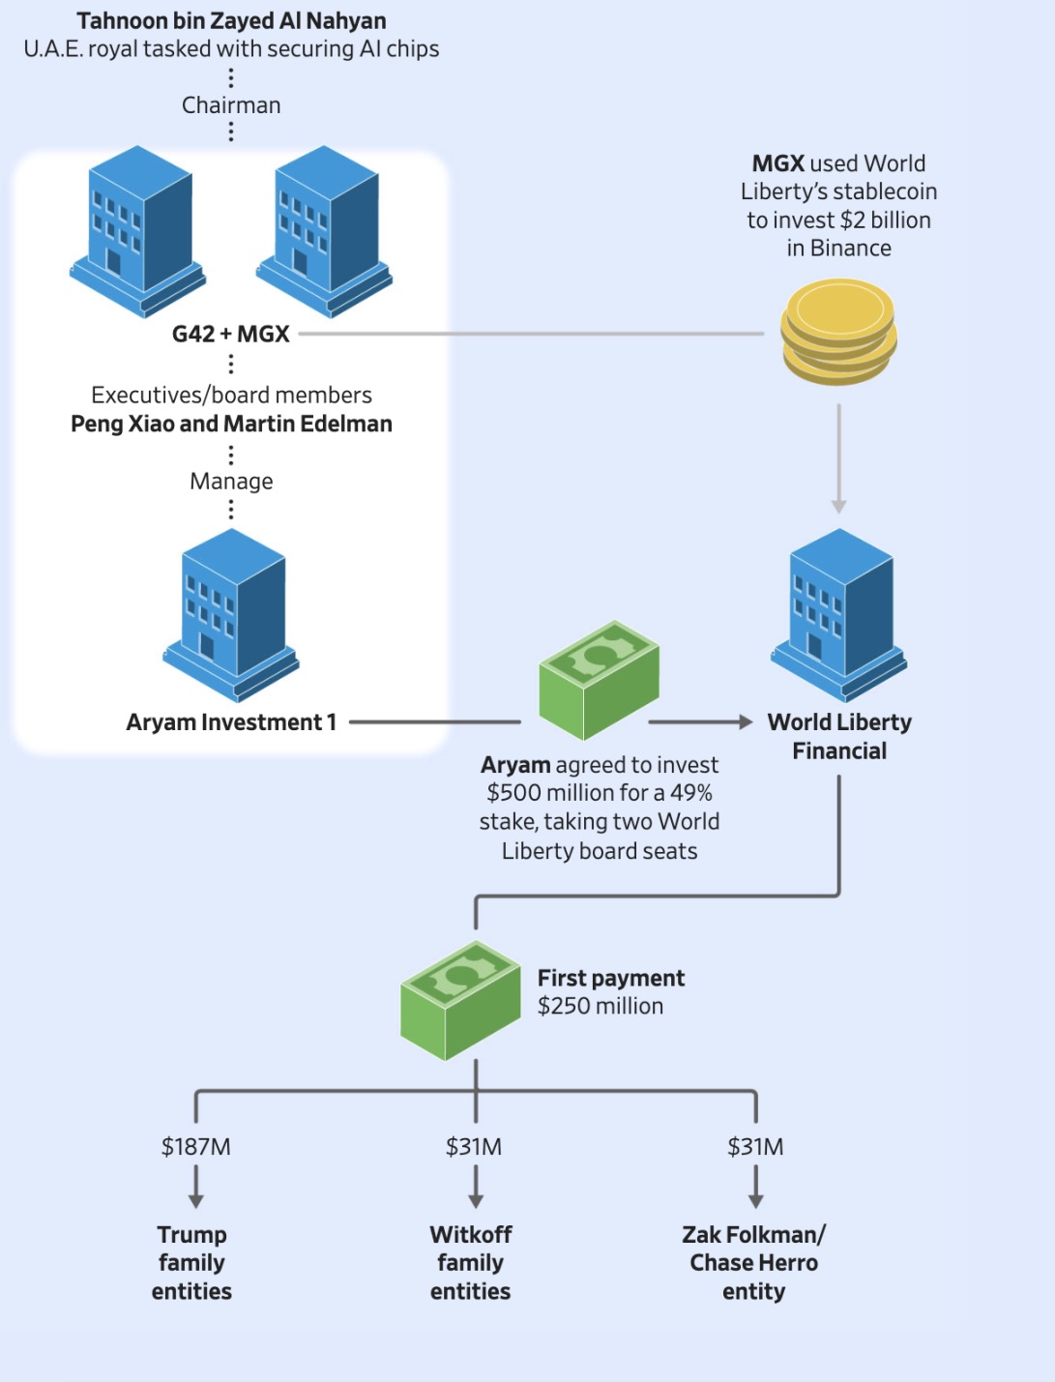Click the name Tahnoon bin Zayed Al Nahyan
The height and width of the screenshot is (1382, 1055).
[231, 20]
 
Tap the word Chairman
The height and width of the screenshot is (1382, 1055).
[231, 105]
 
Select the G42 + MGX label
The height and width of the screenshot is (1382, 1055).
[231, 334]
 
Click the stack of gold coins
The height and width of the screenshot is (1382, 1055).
[838, 332]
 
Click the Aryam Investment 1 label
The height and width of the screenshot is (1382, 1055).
[231, 722]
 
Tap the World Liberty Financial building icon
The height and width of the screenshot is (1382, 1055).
[839, 615]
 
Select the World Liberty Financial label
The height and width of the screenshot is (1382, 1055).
[839, 736]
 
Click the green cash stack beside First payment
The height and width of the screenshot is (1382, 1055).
[460, 1000]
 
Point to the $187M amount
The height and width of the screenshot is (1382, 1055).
[196, 1147]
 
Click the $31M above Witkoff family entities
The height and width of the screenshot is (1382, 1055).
[474, 1147]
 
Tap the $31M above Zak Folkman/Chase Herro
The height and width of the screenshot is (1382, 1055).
[755, 1147]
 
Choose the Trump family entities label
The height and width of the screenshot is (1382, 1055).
[191, 1262]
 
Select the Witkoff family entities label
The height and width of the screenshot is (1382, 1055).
[471, 1262]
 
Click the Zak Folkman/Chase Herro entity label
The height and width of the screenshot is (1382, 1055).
[754, 1262]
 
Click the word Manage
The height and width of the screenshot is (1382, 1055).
[231, 481]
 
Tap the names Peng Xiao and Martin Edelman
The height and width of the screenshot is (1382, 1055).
[231, 424]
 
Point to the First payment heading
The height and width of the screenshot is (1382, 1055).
[611, 978]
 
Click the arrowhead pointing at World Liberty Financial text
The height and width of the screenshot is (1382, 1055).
[745, 721]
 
